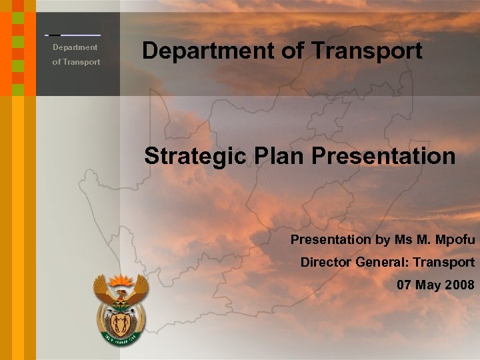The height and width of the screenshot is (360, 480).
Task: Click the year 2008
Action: (x=459, y=285)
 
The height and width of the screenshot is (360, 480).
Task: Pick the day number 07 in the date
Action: (x=405, y=285)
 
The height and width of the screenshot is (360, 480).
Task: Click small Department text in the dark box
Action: (x=75, y=47)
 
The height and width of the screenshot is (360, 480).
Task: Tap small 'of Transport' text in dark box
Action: (x=76, y=62)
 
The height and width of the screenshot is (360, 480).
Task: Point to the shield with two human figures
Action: (x=121, y=324)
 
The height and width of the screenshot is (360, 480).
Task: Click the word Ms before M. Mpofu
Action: (x=403, y=239)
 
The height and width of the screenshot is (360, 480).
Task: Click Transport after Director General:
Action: (x=443, y=262)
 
